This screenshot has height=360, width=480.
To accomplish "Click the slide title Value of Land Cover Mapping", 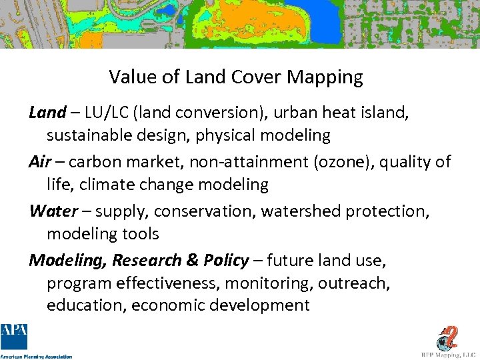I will [236, 77].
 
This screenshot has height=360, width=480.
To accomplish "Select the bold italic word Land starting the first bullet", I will [47, 113].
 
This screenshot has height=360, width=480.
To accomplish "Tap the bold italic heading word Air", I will [39, 162].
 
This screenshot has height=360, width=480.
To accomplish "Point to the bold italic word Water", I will [53, 211].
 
